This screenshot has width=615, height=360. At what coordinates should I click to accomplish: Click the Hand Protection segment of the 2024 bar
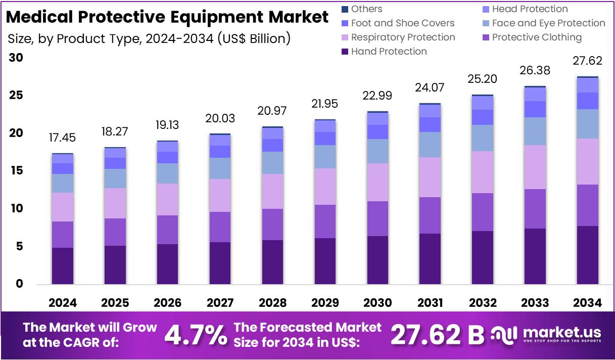coord(63,265)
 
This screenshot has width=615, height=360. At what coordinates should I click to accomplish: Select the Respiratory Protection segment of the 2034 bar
coord(588,161)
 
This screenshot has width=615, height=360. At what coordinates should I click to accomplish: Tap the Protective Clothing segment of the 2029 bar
coord(325,221)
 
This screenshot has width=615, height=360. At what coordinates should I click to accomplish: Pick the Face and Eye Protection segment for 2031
coord(430,145)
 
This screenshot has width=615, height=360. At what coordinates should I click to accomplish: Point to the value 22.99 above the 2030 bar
coord(377,96)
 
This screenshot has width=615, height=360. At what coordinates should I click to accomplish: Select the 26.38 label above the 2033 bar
coord(535,70)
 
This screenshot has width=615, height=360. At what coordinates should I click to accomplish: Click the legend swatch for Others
coord(345,9)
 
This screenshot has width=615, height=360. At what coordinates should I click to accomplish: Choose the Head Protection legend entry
coord(530,9)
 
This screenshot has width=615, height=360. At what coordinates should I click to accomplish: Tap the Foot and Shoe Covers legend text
coord(403,23)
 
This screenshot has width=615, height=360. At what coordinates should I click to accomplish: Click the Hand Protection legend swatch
coord(345,52)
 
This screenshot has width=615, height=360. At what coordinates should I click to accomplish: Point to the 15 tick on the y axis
coord(17,171)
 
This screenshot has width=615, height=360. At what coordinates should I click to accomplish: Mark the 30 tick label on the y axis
coord(17,58)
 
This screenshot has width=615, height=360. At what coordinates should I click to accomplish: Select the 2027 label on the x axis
coord(220,303)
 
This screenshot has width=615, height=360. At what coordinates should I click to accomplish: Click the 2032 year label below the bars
coord(483,303)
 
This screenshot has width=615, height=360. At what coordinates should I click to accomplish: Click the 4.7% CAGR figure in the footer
coord(196,335)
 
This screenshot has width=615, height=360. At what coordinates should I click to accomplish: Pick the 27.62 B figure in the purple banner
coord(437,335)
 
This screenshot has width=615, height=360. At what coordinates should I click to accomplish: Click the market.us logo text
coord(562,332)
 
